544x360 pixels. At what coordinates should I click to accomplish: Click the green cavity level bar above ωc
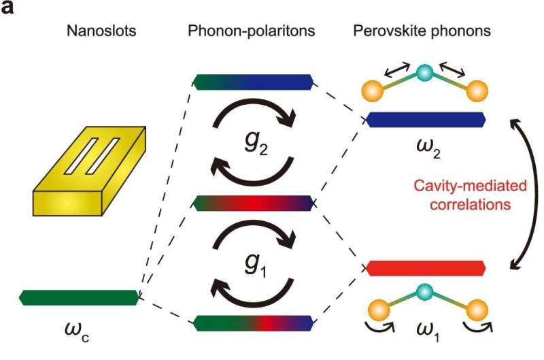click(78, 297)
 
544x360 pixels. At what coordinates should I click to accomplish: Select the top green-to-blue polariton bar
click(254, 82)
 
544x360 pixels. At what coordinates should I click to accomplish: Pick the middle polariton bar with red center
click(254, 203)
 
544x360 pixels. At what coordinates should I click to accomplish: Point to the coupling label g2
click(254, 144)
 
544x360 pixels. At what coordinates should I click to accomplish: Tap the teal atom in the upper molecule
click(426, 72)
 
